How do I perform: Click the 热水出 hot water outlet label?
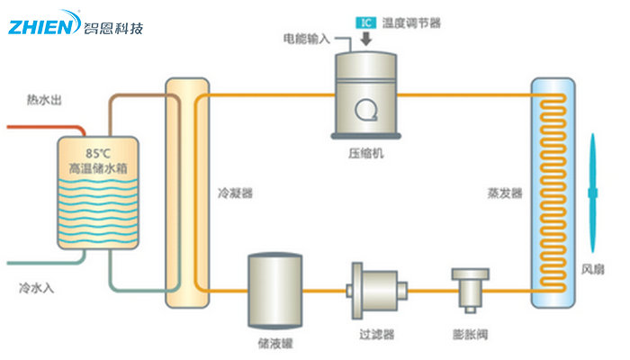44,100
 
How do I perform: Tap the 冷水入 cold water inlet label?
37,289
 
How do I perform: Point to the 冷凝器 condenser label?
236,193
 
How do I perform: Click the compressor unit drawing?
365,94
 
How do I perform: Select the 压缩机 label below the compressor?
367,153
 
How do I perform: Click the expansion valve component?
469,289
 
